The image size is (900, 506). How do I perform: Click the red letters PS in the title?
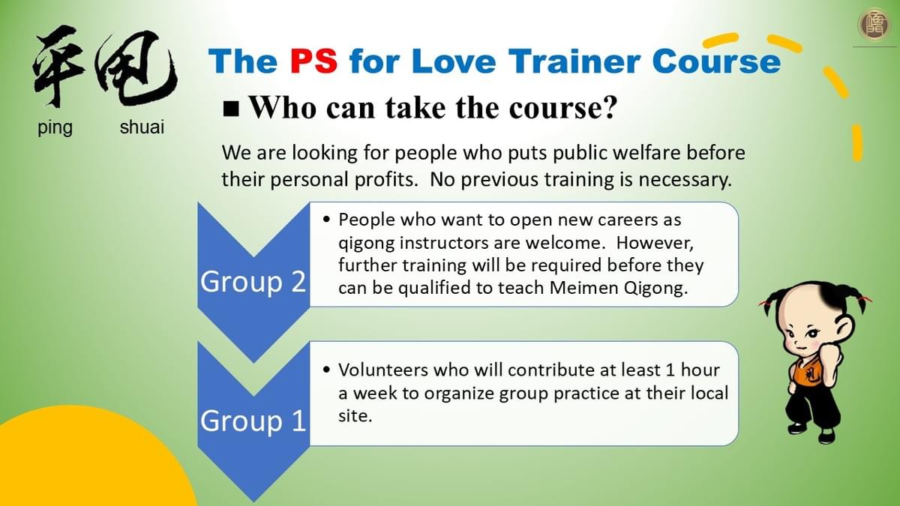[313, 61]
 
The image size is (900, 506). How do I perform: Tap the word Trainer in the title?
[574, 61]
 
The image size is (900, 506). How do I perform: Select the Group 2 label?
[253, 282]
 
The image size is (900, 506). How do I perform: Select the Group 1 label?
[253, 421]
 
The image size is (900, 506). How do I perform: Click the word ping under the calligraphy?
[55, 128]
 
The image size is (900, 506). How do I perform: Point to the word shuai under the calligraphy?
[142, 127]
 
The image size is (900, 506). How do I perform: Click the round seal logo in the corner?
[873, 25]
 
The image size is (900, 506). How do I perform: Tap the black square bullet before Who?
[231, 109]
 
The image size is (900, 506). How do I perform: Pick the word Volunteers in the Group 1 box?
[383, 370]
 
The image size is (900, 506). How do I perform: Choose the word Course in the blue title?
[716, 61]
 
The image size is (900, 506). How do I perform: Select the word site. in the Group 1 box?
[355, 415]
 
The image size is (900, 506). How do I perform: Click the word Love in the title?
[453, 61]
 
